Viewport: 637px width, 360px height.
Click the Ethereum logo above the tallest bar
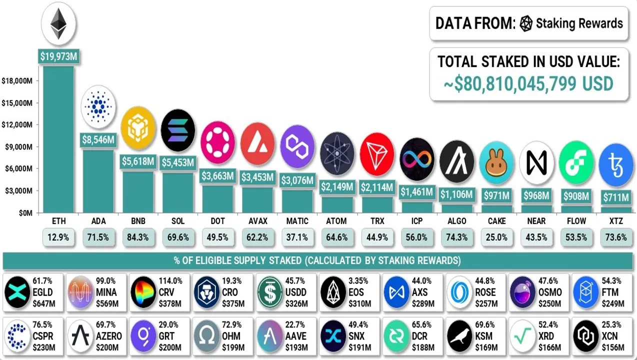point(58,23)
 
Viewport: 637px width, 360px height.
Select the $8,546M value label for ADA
point(98,139)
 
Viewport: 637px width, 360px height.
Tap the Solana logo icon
point(178,130)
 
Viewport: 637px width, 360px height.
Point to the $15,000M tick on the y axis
point(17,103)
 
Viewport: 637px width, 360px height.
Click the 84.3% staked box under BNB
point(138,237)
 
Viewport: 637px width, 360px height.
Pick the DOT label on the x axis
point(217,221)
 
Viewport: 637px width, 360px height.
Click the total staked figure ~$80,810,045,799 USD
point(528,83)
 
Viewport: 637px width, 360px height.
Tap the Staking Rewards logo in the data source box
point(526,23)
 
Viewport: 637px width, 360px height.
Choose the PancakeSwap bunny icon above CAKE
point(496,162)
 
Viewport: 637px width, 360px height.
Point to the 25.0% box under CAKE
point(496,237)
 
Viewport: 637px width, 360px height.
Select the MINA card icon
point(80,292)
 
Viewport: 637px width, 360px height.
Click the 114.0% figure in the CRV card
point(171,281)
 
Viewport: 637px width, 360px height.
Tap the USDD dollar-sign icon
point(270,292)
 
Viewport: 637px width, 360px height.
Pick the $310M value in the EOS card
point(360,303)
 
